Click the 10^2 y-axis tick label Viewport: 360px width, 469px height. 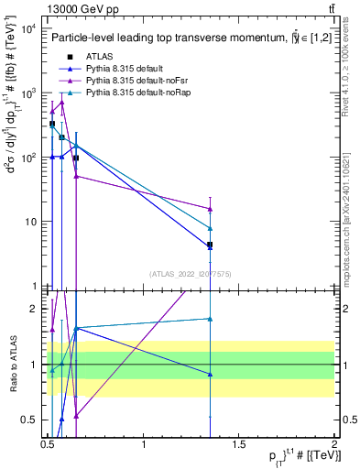27,158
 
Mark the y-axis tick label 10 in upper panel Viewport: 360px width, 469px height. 30,222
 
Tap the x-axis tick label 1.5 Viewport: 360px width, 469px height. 239,445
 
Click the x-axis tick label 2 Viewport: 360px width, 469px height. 335,445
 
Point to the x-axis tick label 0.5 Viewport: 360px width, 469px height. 48,445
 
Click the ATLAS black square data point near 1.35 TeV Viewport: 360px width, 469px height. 211,245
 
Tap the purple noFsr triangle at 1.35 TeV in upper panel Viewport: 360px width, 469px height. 211,209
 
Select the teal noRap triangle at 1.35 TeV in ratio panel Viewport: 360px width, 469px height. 211,319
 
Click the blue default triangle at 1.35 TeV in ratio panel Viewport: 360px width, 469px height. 211,374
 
